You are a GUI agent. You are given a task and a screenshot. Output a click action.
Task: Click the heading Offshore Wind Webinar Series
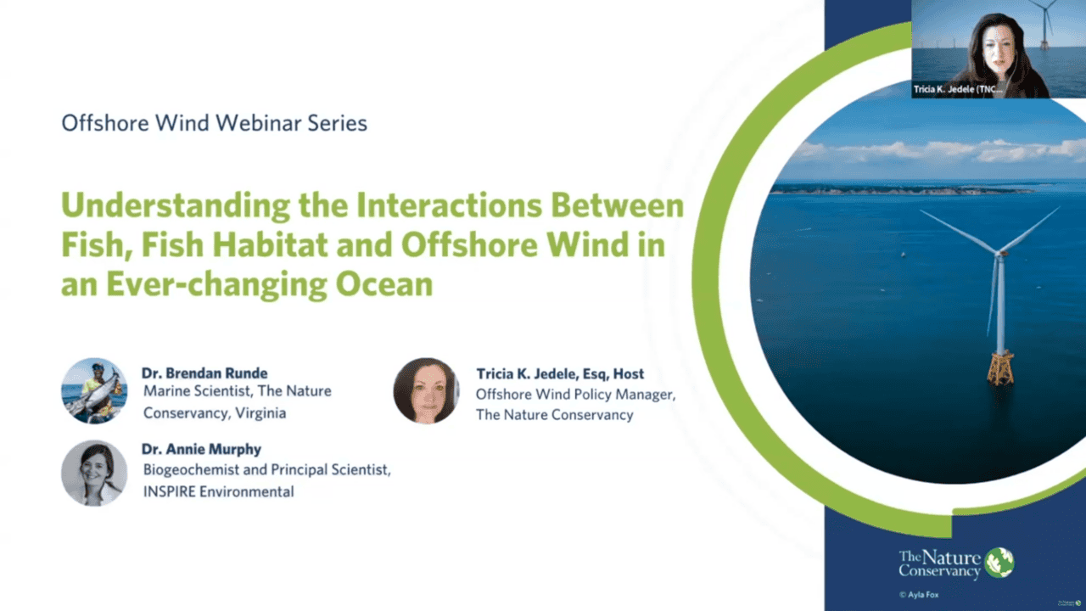215,123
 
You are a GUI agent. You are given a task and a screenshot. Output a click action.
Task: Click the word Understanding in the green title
176,206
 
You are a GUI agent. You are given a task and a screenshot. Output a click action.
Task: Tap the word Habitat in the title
270,244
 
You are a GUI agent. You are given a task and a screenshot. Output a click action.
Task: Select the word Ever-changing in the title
216,284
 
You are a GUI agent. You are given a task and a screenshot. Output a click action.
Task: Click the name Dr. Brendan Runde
204,373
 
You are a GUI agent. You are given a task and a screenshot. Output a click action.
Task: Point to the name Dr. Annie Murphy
201,449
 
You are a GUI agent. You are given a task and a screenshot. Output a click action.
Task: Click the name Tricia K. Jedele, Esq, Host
560,374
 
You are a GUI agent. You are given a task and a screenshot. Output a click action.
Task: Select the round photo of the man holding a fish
94,391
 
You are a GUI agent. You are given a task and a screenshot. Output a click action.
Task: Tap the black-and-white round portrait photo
94,473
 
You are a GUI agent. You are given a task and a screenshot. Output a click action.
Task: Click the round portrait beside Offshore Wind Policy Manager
426,391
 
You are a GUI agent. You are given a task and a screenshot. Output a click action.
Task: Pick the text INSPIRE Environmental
219,491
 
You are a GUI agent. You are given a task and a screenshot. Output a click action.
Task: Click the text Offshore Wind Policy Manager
575,395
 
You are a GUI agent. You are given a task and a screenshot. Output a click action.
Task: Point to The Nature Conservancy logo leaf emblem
999,563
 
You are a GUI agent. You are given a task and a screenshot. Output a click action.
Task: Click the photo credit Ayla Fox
919,595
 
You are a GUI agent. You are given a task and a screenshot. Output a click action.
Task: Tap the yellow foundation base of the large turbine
1000,368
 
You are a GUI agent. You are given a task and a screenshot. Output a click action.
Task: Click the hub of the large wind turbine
1000,253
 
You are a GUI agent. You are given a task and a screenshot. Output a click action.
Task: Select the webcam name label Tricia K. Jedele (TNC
958,89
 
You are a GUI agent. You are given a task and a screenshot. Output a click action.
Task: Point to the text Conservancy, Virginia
215,413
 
